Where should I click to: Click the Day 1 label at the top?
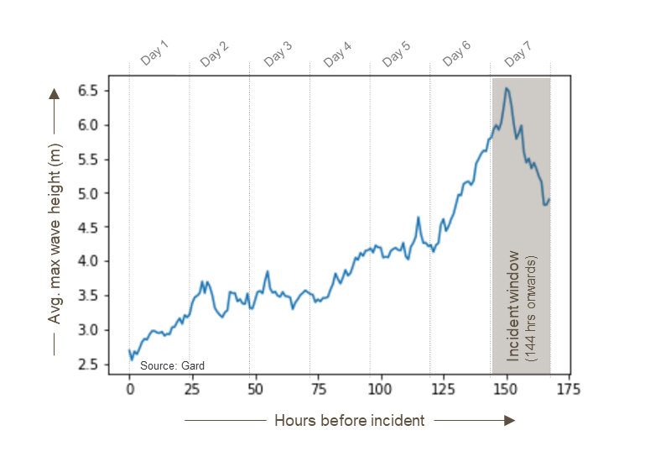(x=154, y=54)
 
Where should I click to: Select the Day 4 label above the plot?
(x=336, y=54)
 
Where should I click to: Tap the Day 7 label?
(x=518, y=54)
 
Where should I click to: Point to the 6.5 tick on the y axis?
(x=88, y=91)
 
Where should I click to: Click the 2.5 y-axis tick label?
(x=88, y=364)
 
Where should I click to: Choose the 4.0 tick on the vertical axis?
(x=88, y=261)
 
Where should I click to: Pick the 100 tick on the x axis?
(x=380, y=391)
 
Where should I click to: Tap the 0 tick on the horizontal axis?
(x=130, y=391)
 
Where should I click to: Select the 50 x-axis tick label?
(x=255, y=391)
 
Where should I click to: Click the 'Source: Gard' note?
(x=172, y=365)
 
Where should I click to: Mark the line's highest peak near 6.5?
(x=506, y=87)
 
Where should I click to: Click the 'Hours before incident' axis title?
(x=349, y=420)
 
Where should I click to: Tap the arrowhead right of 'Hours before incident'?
(x=509, y=420)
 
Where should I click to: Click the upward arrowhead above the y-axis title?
(x=55, y=93)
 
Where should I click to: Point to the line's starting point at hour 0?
(x=129, y=350)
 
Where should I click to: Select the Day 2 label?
(x=214, y=54)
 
